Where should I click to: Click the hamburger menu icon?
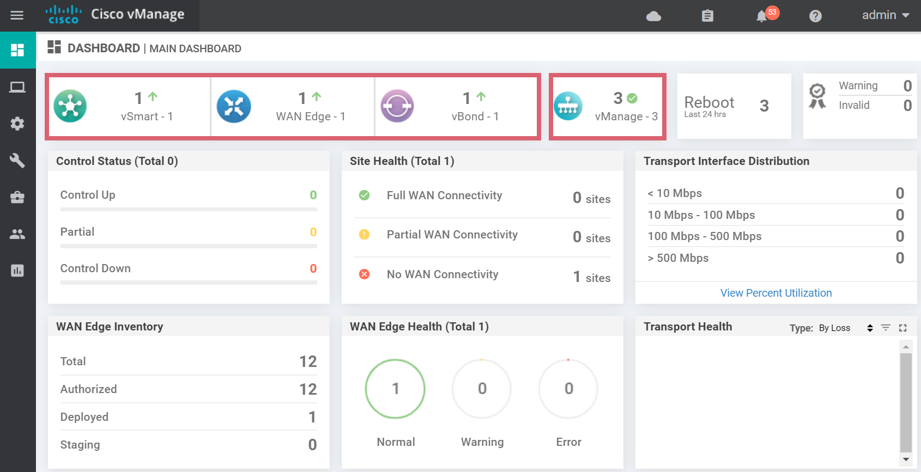(x=17, y=15)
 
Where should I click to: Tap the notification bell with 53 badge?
(x=762, y=16)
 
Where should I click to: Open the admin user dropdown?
(x=885, y=15)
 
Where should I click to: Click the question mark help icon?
(x=815, y=16)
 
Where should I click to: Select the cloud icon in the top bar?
(x=653, y=16)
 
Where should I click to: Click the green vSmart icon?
(x=70, y=106)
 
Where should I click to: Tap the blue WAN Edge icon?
(x=234, y=106)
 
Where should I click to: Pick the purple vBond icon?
(x=397, y=106)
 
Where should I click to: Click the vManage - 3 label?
(x=626, y=117)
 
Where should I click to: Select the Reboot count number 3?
(x=764, y=106)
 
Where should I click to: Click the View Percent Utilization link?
(x=776, y=293)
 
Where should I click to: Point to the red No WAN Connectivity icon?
(x=365, y=274)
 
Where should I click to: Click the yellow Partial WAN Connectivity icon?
(x=365, y=235)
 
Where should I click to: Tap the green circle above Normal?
(x=395, y=389)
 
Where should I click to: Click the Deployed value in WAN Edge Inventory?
(x=312, y=417)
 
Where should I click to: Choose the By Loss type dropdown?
(x=845, y=328)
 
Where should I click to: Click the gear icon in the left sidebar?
(x=17, y=124)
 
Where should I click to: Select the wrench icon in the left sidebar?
(x=17, y=160)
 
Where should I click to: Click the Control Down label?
(x=95, y=268)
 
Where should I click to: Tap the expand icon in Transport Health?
(x=903, y=328)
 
